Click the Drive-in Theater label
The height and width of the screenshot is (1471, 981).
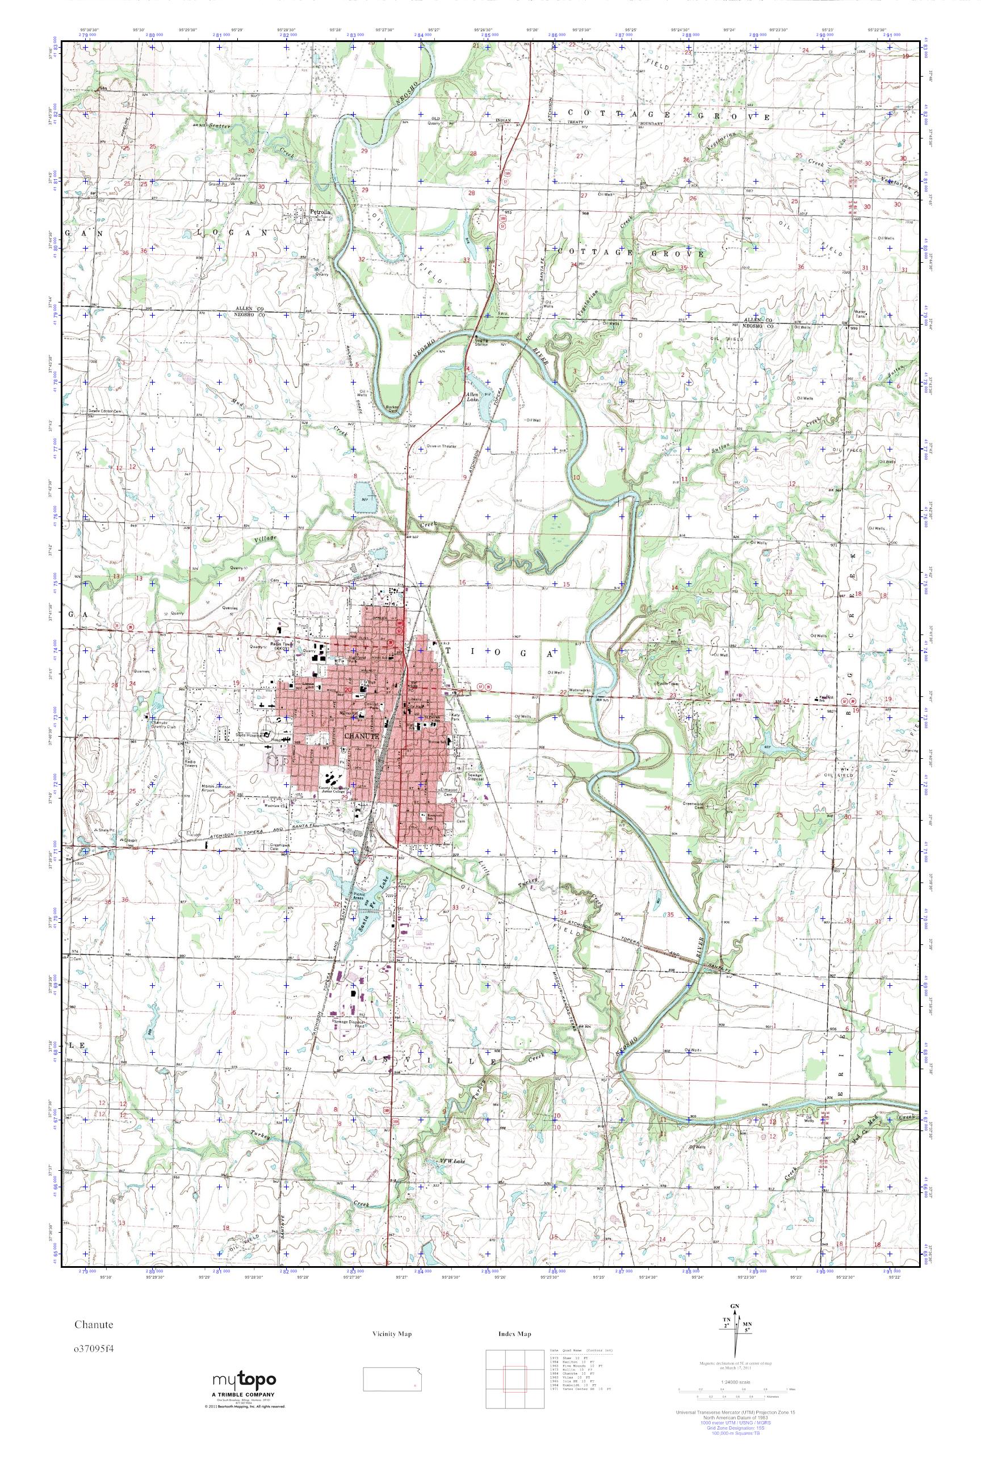coord(443,446)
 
